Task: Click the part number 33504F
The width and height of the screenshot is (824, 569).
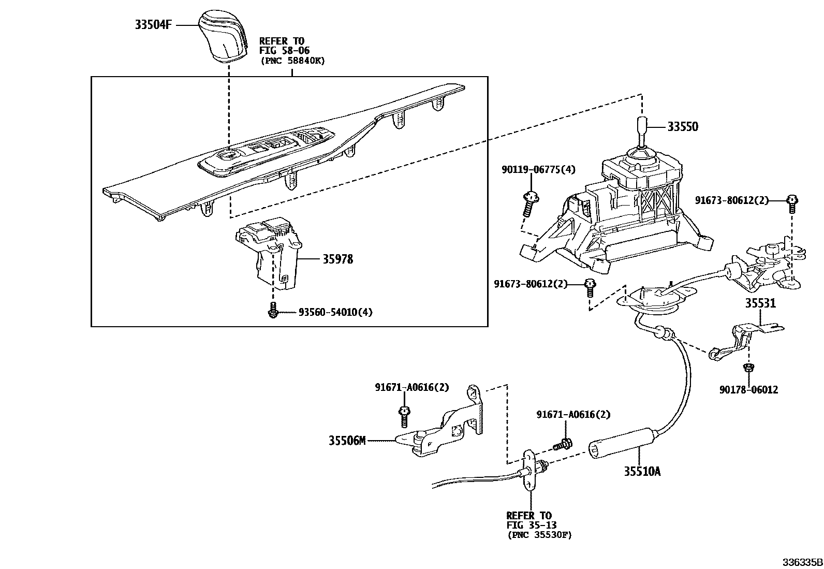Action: pos(153,24)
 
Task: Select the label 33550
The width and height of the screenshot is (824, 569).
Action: pos(682,127)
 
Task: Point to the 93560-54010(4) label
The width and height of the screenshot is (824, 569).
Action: pos(335,312)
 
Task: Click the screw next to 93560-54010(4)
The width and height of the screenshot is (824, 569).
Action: pos(273,310)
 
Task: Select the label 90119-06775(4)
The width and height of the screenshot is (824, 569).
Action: pos(538,169)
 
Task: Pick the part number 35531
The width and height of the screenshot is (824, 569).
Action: pos(760,303)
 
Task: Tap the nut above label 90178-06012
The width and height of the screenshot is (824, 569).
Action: pos(747,368)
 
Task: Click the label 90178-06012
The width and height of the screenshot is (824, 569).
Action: pos(748,390)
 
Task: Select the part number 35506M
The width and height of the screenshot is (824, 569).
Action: pos(347,441)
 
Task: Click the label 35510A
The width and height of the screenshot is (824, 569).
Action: pos(642,471)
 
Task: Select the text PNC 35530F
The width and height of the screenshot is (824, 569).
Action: pos(539,535)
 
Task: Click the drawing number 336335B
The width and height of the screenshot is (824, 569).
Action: pos(802,562)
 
